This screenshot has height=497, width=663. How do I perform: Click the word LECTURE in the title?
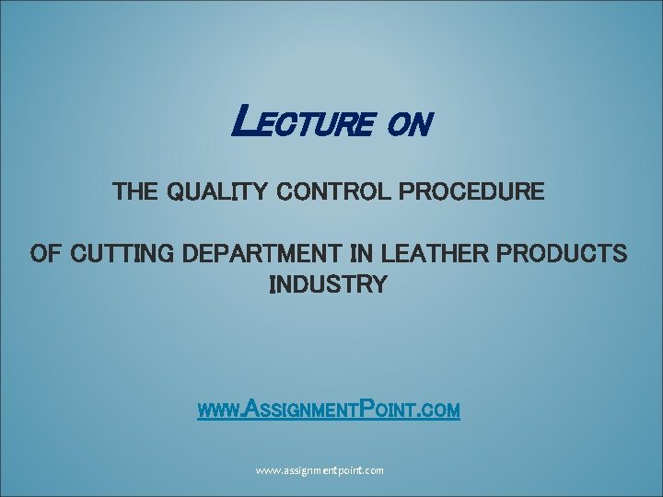pos(303,121)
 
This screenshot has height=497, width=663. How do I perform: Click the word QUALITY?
pos(217,193)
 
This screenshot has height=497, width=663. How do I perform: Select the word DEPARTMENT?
pos(263,253)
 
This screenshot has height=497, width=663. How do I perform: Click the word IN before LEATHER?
pos(359,253)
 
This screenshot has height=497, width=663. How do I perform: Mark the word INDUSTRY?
pos(328,284)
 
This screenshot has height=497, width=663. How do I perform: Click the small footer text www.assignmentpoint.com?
pos(320,470)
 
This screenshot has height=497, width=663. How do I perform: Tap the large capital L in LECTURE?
pos(242,118)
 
